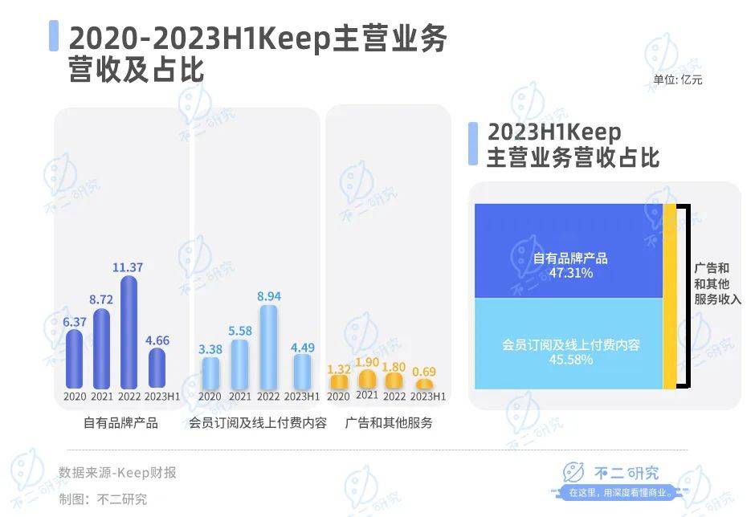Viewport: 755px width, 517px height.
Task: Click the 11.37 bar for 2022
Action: click(129, 332)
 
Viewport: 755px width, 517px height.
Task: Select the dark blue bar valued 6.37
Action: click(74, 359)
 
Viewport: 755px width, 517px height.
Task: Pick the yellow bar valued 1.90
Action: click(367, 379)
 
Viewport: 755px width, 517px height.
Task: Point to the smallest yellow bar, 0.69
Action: click(424, 385)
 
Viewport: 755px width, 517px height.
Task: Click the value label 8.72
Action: click(101, 298)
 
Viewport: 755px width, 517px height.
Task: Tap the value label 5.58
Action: click(239, 330)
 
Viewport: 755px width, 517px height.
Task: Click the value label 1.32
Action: click(339, 368)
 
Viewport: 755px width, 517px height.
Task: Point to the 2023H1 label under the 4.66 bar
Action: click(161, 397)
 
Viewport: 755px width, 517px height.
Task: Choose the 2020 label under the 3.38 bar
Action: click(210, 397)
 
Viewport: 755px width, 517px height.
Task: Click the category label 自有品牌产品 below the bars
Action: click(120, 423)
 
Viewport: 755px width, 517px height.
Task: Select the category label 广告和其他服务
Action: click(389, 423)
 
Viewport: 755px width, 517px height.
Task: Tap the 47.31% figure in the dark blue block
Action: click(570, 274)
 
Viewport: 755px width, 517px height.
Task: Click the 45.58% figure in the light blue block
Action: click(570, 360)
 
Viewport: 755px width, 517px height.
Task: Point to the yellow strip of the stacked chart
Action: click(669, 296)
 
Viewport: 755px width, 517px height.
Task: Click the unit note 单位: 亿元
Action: click(678, 79)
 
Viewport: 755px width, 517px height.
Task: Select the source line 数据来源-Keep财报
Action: click(117, 472)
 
